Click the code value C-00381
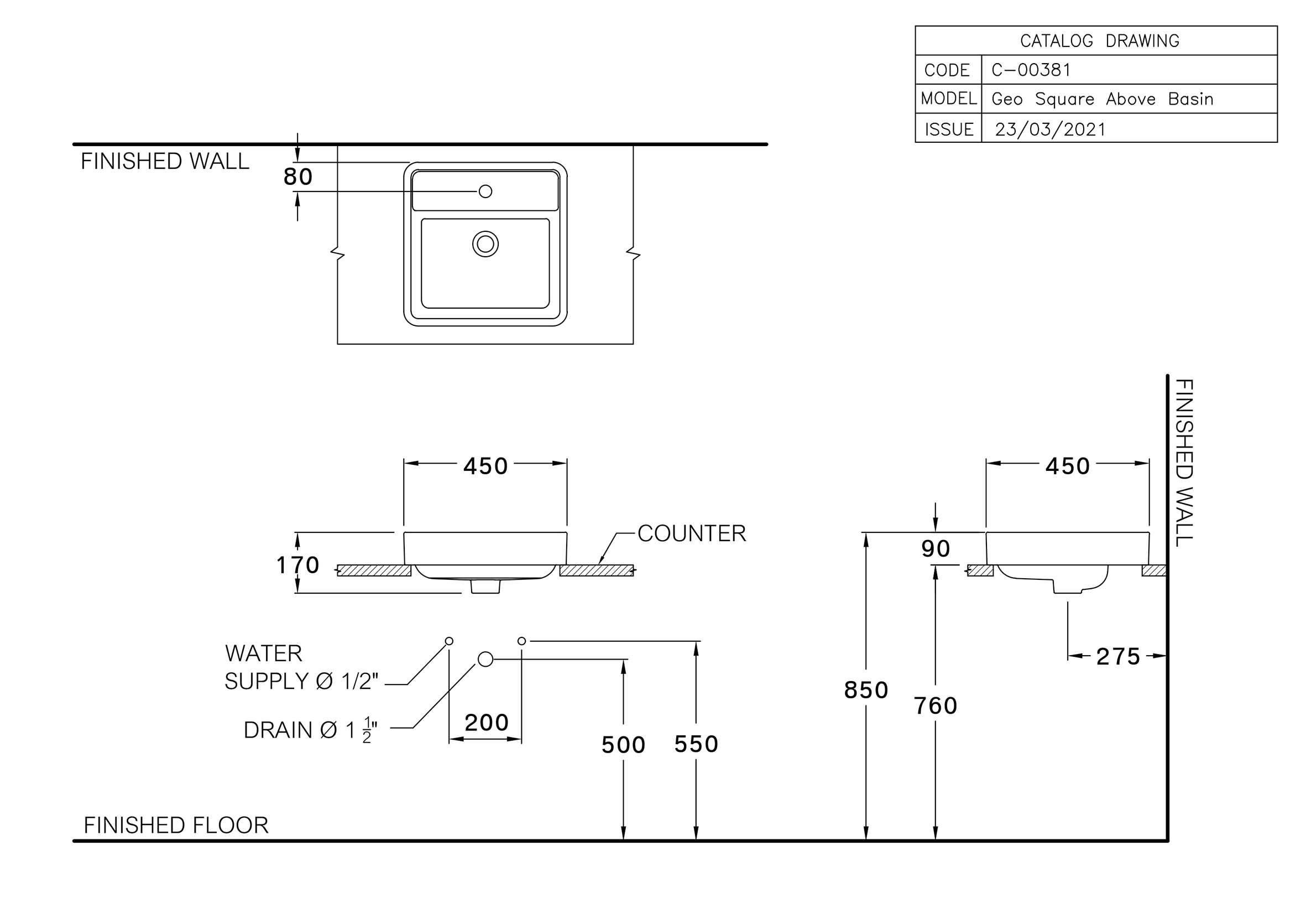click(x=1030, y=70)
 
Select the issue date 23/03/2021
click(x=1049, y=129)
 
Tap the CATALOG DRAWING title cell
click(x=1099, y=41)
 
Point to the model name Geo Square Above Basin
click(x=1102, y=99)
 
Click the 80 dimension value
click(x=298, y=177)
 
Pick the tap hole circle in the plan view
click(x=485, y=191)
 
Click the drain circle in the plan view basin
click(x=485, y=244)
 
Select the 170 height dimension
click(x=297, y=565)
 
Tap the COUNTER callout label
click(x=691, y=533)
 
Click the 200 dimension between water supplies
click(x=486, y=723)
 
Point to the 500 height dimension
click(x=623, y=745)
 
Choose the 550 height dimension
click(x=696, y=744)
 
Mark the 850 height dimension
click(x=866, y=690)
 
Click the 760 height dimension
click(x=936, y=706)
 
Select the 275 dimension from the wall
click(x=1118, y=657)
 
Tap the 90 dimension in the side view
click(x=936, y=549)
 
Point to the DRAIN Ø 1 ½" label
click(x=310, y=730)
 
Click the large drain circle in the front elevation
click(x=485, y=660)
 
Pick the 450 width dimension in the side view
click(x=1067, y=466)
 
